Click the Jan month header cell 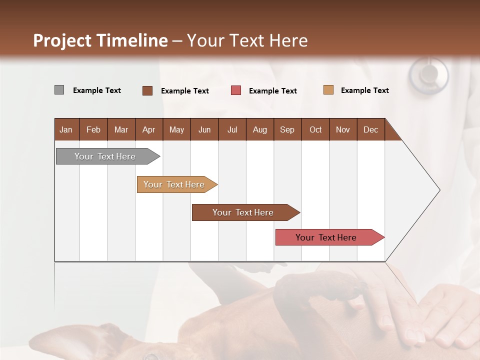66,129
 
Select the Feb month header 93,129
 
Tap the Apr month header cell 149,129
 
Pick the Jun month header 204,129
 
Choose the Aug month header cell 260,129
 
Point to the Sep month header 287,129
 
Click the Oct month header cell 315,129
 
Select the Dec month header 371,129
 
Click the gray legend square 59,90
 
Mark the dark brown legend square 147,90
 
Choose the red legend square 236,90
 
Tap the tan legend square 328,90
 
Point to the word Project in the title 61,40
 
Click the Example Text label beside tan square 364,90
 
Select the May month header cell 176,129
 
